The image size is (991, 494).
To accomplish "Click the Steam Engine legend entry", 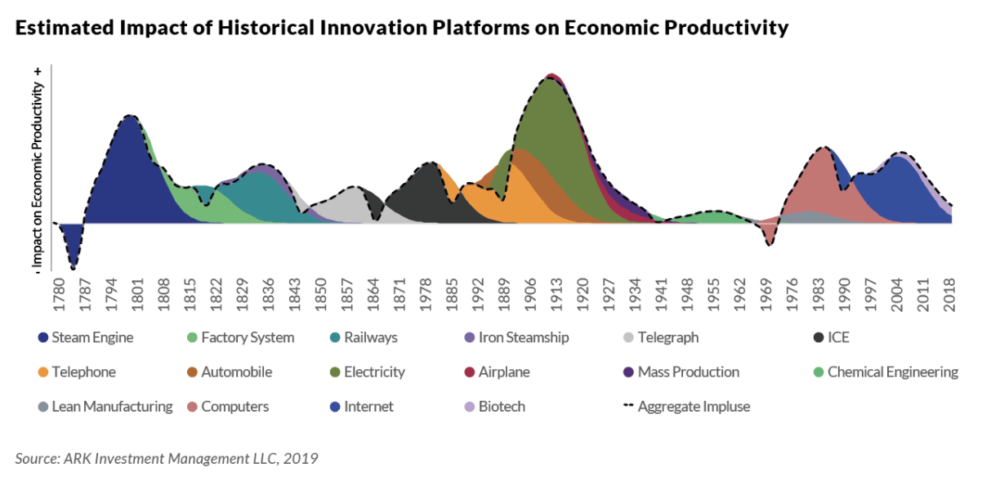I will (85, 337).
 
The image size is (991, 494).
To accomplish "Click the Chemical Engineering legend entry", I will (886, 372).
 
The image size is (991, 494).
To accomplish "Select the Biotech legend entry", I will (493, 407).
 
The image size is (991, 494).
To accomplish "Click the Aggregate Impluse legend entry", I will (686, 407).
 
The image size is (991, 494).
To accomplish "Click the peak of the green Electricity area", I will (549, 79).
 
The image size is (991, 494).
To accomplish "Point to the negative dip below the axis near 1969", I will (770, 240).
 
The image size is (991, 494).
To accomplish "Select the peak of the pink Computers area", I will (824, 149).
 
